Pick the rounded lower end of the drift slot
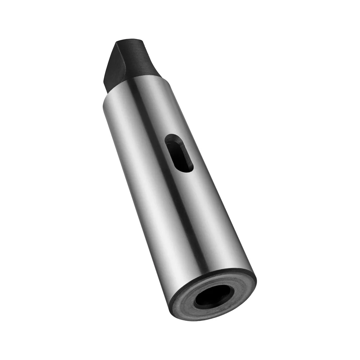(187, 167)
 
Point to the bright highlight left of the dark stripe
(144, 180)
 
